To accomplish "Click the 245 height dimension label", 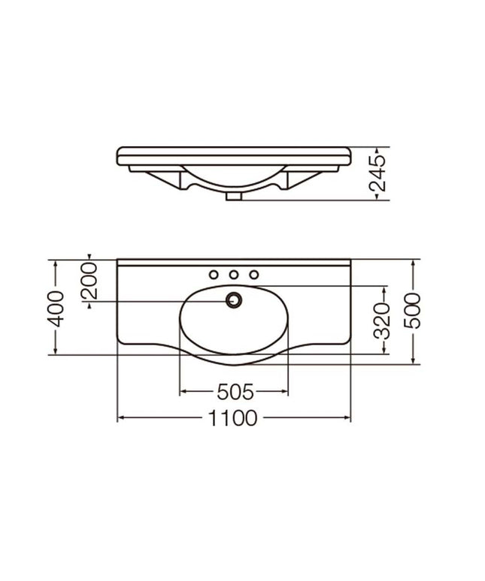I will click(377, 173).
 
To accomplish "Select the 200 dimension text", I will click(89, 279).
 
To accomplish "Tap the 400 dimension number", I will click(56, 307).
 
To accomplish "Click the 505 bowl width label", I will click(234, 392).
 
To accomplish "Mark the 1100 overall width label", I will click(235, 418).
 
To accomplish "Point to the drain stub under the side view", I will click(234, 197).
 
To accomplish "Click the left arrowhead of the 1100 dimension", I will click(121, 418).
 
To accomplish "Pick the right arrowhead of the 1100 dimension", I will click(348, 418).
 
